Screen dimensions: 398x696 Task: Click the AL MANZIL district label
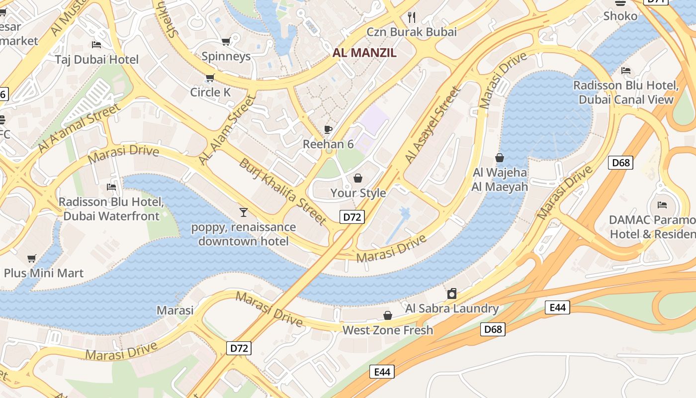pyautogui.click(x=364, y=53)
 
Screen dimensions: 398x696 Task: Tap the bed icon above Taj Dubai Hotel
pyautogui.click(x=96, y=45)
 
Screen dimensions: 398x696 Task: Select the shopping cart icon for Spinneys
pyautogui.click(x=226, y=42)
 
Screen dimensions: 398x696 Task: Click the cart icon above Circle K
pyautogui.click(x=210, y=78)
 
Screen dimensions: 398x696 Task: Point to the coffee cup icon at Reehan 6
pyautogui.click(x=328, y=129)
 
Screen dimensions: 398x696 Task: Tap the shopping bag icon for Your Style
pyautogui.click(x=358, y=178)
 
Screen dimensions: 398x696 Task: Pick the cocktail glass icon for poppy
pyautogui.click(x=243, y=212)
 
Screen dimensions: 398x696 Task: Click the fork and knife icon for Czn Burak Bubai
pyautogui.click(x=411, y=17)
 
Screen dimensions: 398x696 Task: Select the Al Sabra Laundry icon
pyautogui.click(x=451, y=294)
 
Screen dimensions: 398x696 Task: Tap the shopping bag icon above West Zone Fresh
pyautogui.click(x=387, y=315)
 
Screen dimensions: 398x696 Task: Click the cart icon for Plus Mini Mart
pyautogui.click(x=32, y=258)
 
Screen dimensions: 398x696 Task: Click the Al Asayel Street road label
pyautogui.click(x=432, y=125)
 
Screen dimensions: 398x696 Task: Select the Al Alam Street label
pyautogui.click(x=226, y=130)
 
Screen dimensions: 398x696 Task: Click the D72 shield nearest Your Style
pyautogui.click(x=352, y=216)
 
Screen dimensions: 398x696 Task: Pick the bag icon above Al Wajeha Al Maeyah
pyautogui.click(x=500, y=158)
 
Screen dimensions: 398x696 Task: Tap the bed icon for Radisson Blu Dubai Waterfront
pyautogui.click(x=111, y=187)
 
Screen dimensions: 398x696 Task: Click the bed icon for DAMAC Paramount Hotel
pyautogui.click(x=662, y=204)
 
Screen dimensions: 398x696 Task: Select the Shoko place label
pyautogui.click(x=620, y=16)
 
